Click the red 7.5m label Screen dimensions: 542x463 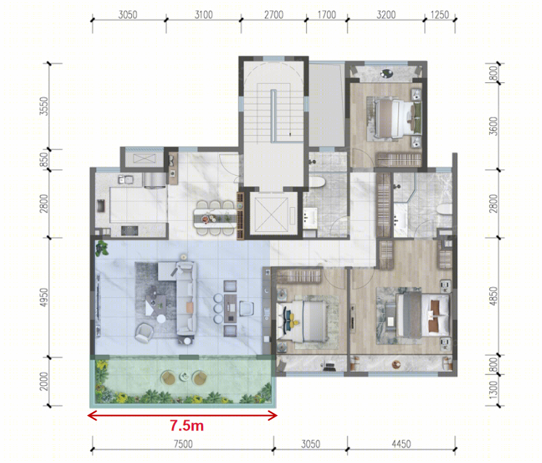pyautogui.click(x=186, y=426)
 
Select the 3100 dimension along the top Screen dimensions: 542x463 pyautogui.click(x=204, y=15)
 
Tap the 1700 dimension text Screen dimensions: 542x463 pyautogui.click(x=327, y=15)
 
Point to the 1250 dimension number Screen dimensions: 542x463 pyautogui.click(x=440, y=15)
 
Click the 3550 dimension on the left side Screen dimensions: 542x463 pyautogui.click(x=44, y=106)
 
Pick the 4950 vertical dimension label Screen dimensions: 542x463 pyautogui.click(x=44, y=297)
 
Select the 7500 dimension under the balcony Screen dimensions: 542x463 pyautogui.click(x=183, y=444)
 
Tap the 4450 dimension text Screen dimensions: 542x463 pyautogui.click(x=401, y=444)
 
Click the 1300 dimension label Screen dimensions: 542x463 pyautogui.click(x=494, y=390)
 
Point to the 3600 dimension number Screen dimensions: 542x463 pyautogui.click(x=494, y=126)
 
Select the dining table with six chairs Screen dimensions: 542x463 pyautogui.click(x=215, y=218)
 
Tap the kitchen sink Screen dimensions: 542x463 pyautogui.click(x=126, y=180)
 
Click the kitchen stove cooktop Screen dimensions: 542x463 pyautogui.click(x=130, y=230)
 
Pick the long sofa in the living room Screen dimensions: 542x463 pyautogui.click(x=186, y=298)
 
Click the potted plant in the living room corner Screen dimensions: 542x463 pyautogui.click(x=102, y=248)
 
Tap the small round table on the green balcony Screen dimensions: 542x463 pyautogui.click(x=184, y=377)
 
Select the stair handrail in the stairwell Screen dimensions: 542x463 pyautogui.click(x=273, y=116)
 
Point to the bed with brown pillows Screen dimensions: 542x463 pyautogui.click(x=423, y=315)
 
